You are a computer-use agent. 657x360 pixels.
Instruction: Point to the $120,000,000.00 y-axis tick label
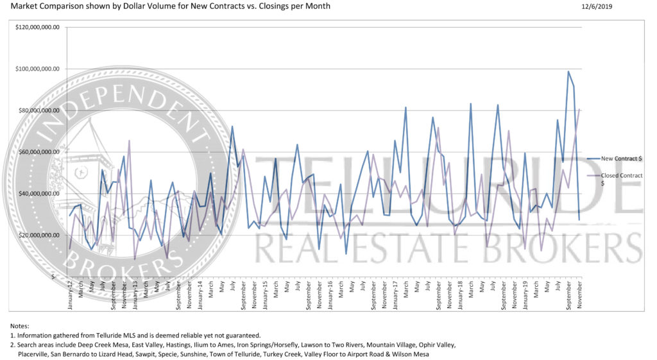[x=40, y=28]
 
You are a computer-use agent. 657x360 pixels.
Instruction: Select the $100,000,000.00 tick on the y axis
[x=40, y=69]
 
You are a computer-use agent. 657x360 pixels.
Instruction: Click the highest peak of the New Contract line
[x=568, y=72]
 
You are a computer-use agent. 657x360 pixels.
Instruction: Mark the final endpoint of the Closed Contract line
[x=579, y=109]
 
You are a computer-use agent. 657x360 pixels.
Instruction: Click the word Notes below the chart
[x=20, y=326]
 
